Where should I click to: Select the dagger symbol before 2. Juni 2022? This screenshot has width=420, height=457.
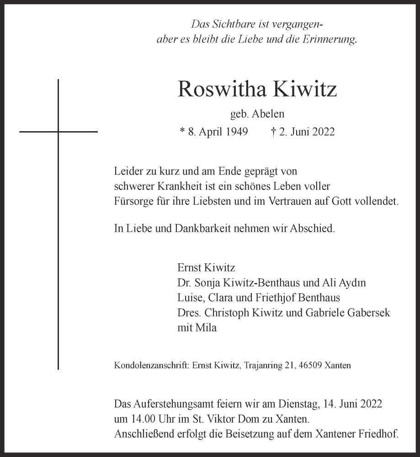(x=273, y=132)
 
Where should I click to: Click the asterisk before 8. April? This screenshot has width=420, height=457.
(x=182, y=132)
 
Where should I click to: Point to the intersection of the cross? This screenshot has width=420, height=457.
(x=58, y=132)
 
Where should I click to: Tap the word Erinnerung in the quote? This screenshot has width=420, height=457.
(x=329, y=39)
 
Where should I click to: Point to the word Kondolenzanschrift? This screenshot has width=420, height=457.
(x=151, y=366)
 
